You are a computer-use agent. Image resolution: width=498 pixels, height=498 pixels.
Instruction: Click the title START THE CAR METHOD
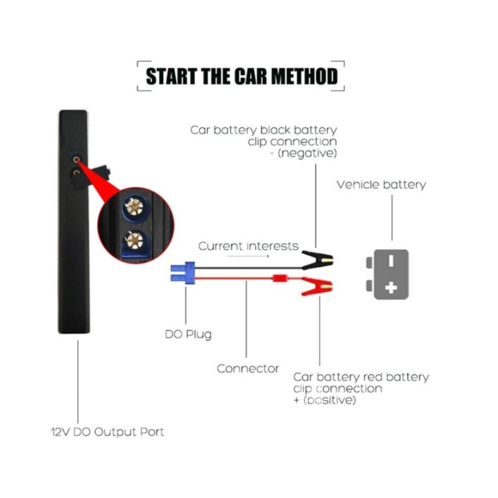pos(242,76)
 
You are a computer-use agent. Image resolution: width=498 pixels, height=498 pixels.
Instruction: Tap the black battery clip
pos(317,260)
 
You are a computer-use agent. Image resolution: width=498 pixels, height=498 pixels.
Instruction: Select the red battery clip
pos(317,286)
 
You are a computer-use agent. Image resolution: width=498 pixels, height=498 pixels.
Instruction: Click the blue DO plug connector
pos(182,273)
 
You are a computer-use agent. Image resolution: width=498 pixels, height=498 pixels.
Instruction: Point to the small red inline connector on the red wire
pos(280,278)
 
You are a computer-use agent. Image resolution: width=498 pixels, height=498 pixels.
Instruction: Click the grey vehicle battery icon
pos(388,275)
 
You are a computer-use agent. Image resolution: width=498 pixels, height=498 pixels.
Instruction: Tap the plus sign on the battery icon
pos(391,288)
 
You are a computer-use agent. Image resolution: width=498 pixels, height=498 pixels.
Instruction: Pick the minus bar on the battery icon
pos(391,261)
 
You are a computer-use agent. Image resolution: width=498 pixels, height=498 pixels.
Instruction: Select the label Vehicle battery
pos(381,185)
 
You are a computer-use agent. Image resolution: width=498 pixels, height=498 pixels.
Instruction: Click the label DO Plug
pos(188,334)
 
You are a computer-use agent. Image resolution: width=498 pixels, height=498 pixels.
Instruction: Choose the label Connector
pos(248,369)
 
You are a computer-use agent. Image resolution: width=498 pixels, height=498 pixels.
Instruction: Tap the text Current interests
pos(248,246)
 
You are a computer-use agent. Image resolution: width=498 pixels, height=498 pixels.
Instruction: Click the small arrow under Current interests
pos(248,256)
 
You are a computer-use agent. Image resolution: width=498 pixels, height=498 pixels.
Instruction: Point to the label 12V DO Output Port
pos(107,432)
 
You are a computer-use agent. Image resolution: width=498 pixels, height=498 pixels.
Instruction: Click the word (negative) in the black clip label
pos(307,153)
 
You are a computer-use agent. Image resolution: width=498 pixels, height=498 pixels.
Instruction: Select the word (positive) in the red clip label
pos(329,400)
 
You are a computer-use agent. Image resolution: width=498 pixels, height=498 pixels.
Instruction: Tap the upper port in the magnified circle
pos(134,207)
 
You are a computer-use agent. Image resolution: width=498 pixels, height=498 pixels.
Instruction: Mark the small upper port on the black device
pos(76,159)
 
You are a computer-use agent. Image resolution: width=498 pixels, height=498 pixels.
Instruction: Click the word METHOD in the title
pos(304,76)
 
